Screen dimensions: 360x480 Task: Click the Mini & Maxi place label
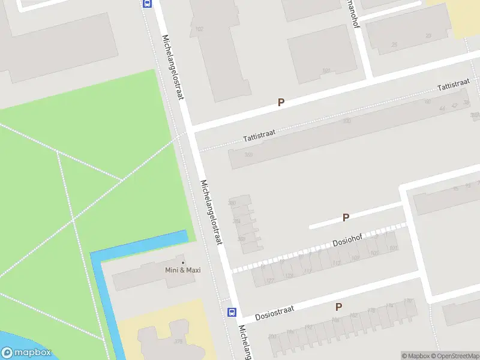point(183,270)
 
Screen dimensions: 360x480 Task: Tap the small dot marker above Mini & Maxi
point(183,262)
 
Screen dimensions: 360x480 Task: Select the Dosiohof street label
point(348,241)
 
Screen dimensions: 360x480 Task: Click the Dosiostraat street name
point(274,312)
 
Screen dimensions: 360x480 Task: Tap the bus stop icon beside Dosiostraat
point(232,312)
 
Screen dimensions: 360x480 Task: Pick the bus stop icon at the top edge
point(147,3)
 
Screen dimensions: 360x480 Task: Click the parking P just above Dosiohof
point(346,218)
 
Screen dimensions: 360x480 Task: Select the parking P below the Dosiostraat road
point(338,307)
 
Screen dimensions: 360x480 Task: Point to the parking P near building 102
point(280,103)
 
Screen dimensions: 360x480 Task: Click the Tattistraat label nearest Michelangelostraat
point(259,135)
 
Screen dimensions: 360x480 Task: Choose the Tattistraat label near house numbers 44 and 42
point(453,86)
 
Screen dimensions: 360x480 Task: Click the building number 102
point(199,29)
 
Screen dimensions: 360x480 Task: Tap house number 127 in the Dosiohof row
point(270,280)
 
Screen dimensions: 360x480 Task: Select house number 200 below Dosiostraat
point(272,337)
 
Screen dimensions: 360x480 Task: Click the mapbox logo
point(26,353)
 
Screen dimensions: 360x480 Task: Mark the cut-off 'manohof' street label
point(354,12)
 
